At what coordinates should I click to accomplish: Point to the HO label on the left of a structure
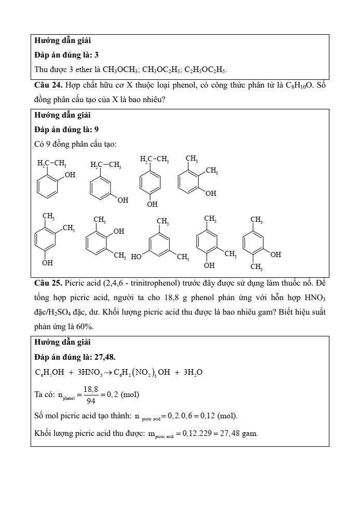click(x=136, y=256)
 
